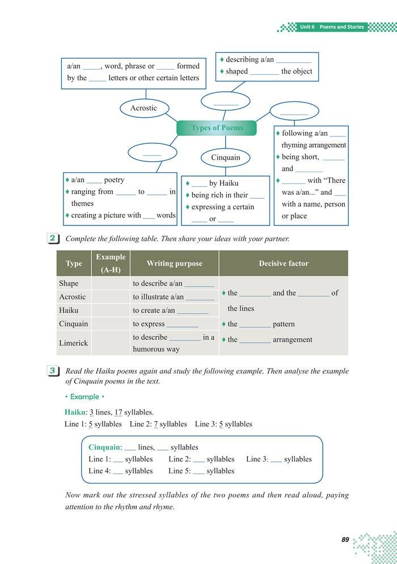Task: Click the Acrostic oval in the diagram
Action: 143,108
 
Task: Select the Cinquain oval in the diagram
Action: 226,157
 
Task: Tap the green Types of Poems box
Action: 217,128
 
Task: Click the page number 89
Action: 345,540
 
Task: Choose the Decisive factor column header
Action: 283,263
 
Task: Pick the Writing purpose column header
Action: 174,263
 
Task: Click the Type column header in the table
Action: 74,263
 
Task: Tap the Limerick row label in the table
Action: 73,343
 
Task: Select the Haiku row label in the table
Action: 69,310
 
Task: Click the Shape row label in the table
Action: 69,283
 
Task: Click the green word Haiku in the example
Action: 76,412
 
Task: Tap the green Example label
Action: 83,397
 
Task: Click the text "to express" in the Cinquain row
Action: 149,324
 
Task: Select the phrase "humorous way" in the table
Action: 156,349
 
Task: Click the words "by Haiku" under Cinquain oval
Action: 223,183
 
